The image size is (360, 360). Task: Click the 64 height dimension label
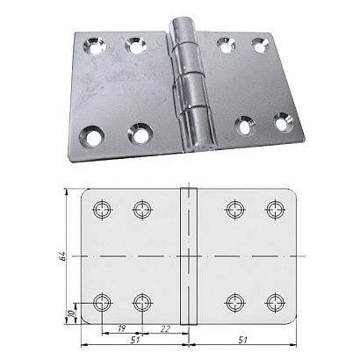point(62,256)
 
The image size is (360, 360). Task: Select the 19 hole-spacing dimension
point(121,328)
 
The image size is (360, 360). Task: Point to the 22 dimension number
point(165,328)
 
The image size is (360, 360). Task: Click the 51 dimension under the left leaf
point(134,340)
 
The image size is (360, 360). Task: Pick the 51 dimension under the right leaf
point(242,340)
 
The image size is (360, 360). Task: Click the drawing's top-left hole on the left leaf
point(102,210)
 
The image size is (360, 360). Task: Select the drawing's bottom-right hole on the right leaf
point(275,302)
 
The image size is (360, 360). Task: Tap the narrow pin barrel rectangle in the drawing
point(189,256)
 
